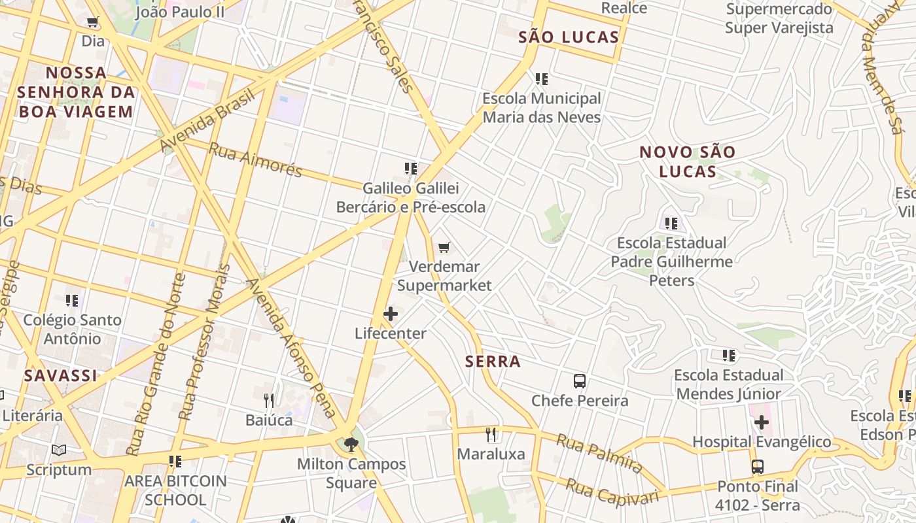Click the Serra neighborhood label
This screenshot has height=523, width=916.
coord(493,362)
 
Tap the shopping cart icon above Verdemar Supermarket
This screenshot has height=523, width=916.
coord(444,247)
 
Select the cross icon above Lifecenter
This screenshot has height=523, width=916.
coord(391,314)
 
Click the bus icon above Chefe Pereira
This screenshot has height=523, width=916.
coord(579,381)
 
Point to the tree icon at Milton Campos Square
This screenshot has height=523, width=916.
coord(351,445)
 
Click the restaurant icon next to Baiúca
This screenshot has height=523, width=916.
coord(269,400)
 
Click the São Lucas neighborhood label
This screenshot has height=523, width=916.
coord(569,37)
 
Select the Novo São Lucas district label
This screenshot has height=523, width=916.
coord(687,161)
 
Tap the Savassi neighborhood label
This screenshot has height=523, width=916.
coord(60,376)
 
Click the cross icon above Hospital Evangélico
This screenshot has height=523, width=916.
coord(761,422)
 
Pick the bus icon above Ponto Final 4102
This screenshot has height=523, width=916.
coord(757,467)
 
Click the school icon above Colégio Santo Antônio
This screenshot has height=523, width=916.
coord(72,301)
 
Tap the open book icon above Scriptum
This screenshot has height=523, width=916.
coord(59,450)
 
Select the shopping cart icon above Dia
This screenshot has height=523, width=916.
coord(93,22)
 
